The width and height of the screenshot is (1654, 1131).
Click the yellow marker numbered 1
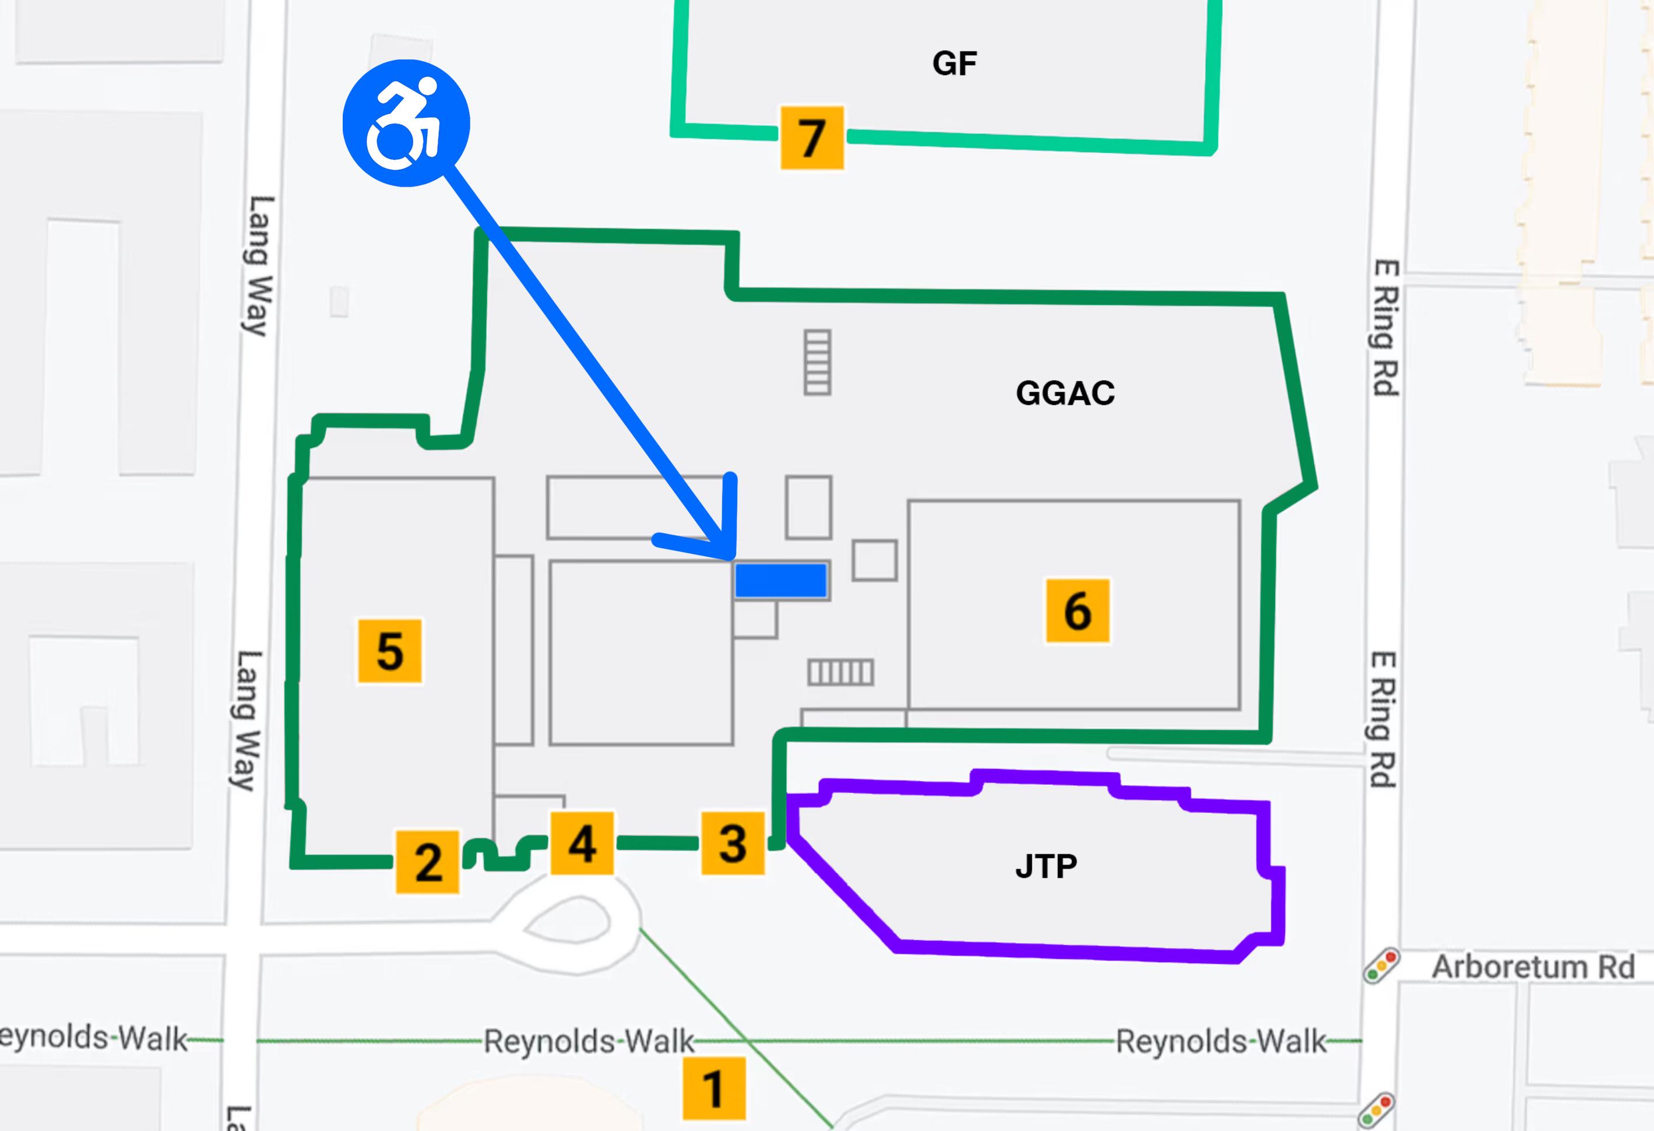(x=714, y=1088)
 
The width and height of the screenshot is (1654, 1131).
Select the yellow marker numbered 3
(x=733, y=843)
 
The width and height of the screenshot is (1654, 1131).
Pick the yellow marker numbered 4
(x=582, y=843)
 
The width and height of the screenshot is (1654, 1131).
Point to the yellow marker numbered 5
(x=389, y=651)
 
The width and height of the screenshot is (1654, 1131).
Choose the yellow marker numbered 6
(x=1078, y=610)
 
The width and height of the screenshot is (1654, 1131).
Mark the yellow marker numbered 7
(x=812, y=138)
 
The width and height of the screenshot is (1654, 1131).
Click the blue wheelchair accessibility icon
(x=406, y=123)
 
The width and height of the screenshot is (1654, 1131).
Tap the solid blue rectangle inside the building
(x=781, y=580)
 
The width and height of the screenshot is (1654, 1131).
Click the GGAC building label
(x=1065, y=393)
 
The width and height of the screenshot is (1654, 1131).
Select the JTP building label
(x=1046, y=866)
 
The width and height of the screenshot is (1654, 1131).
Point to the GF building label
(x=955, y=64)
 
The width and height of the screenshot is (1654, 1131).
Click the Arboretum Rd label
(x=1533, y=967)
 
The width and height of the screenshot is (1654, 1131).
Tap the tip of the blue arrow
(x=731, y=557)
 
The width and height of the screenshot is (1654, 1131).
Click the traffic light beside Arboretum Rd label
(x=1381, y=966)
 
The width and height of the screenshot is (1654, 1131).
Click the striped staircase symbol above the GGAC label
(x=817, y=361)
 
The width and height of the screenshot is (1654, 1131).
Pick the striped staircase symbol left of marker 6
(x=840, y=672)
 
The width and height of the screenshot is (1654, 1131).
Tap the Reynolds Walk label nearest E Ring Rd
(x=1220, y=1041)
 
